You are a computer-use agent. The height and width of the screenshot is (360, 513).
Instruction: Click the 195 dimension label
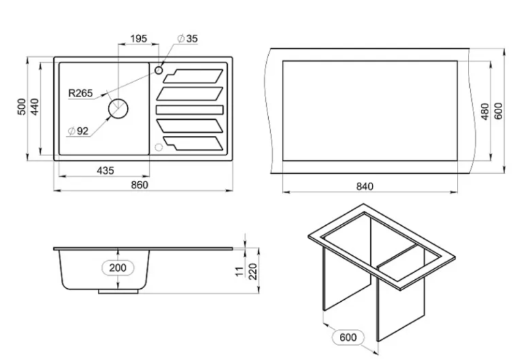(x=138, y=38)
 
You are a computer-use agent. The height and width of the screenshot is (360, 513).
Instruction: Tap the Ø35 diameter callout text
(x=187, y=38)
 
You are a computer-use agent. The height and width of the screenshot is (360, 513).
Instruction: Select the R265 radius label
(x=81, y=93)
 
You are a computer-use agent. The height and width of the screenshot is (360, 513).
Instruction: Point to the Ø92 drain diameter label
(x=78, y=131)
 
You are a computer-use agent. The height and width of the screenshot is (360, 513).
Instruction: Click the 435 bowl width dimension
(x=105, y=170)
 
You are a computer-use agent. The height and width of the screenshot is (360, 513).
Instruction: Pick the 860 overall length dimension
(x=140, y=185)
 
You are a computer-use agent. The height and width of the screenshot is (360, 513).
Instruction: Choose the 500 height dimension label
(x=21, y=106)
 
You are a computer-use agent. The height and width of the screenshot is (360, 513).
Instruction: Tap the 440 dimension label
(x=35, y=106)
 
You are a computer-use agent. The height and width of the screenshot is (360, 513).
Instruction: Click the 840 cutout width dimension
(x=365, y=186)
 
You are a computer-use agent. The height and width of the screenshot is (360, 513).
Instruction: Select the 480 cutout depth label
(x=485, y=112)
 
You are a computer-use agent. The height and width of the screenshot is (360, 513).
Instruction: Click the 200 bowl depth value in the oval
(x=118, y=268)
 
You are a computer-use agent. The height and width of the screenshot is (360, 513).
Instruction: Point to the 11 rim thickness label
(x=240, y=271)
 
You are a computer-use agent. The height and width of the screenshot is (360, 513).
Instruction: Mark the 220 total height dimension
(x=253, y=271)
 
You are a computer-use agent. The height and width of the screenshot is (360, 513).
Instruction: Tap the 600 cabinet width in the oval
(x=347, y=337)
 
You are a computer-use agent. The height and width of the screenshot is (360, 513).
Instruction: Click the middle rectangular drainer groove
(x=189, y=110)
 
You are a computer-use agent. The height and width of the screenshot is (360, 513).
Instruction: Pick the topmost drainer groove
(x=193, y=76)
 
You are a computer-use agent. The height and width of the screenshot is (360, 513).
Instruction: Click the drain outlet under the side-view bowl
(x=118, y=292)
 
